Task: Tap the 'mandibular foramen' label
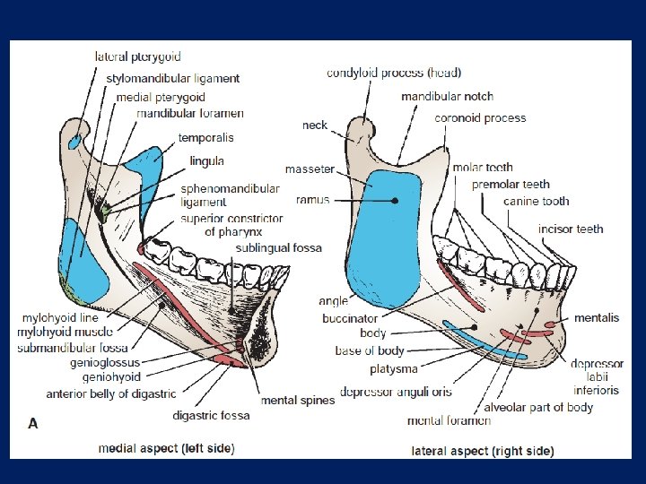click(190, 114)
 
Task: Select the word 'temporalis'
click(205, 138)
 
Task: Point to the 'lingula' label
click(206, 161)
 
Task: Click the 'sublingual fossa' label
click(278, 247)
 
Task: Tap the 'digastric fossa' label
click(211, 415)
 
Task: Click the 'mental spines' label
click(297, 401)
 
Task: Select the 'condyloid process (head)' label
click(394, 73)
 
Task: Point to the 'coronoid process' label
click(480, 118)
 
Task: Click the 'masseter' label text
click(310, 169)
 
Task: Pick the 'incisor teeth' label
click(571, 229)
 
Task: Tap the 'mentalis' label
click(597, 318)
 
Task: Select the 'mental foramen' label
click(449, 421)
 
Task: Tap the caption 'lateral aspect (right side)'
click(482, 450)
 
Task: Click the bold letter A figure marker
click(33, 424)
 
